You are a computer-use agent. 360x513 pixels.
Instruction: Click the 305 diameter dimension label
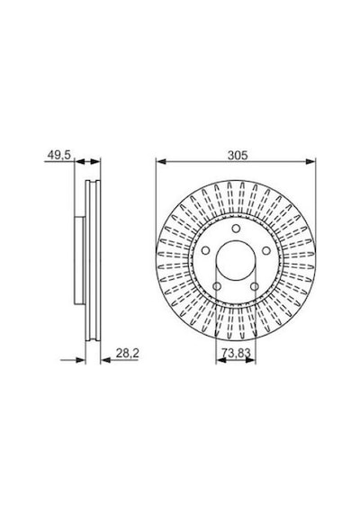[238, 155]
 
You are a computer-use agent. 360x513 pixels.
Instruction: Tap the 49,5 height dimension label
[59, 155]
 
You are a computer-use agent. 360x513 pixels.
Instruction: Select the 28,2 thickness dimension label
[127, 353]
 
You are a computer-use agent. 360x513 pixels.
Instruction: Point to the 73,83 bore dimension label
[236, 353]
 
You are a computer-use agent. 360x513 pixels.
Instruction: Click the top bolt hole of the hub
[236, 229]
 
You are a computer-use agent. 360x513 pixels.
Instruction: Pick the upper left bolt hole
[205, 250]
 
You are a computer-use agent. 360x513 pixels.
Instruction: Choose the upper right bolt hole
[266, 250]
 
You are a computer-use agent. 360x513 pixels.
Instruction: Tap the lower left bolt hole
[217, 286]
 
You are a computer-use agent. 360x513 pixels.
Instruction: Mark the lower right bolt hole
[255, 286]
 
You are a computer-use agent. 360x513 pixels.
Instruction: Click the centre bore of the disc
[236, 260]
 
